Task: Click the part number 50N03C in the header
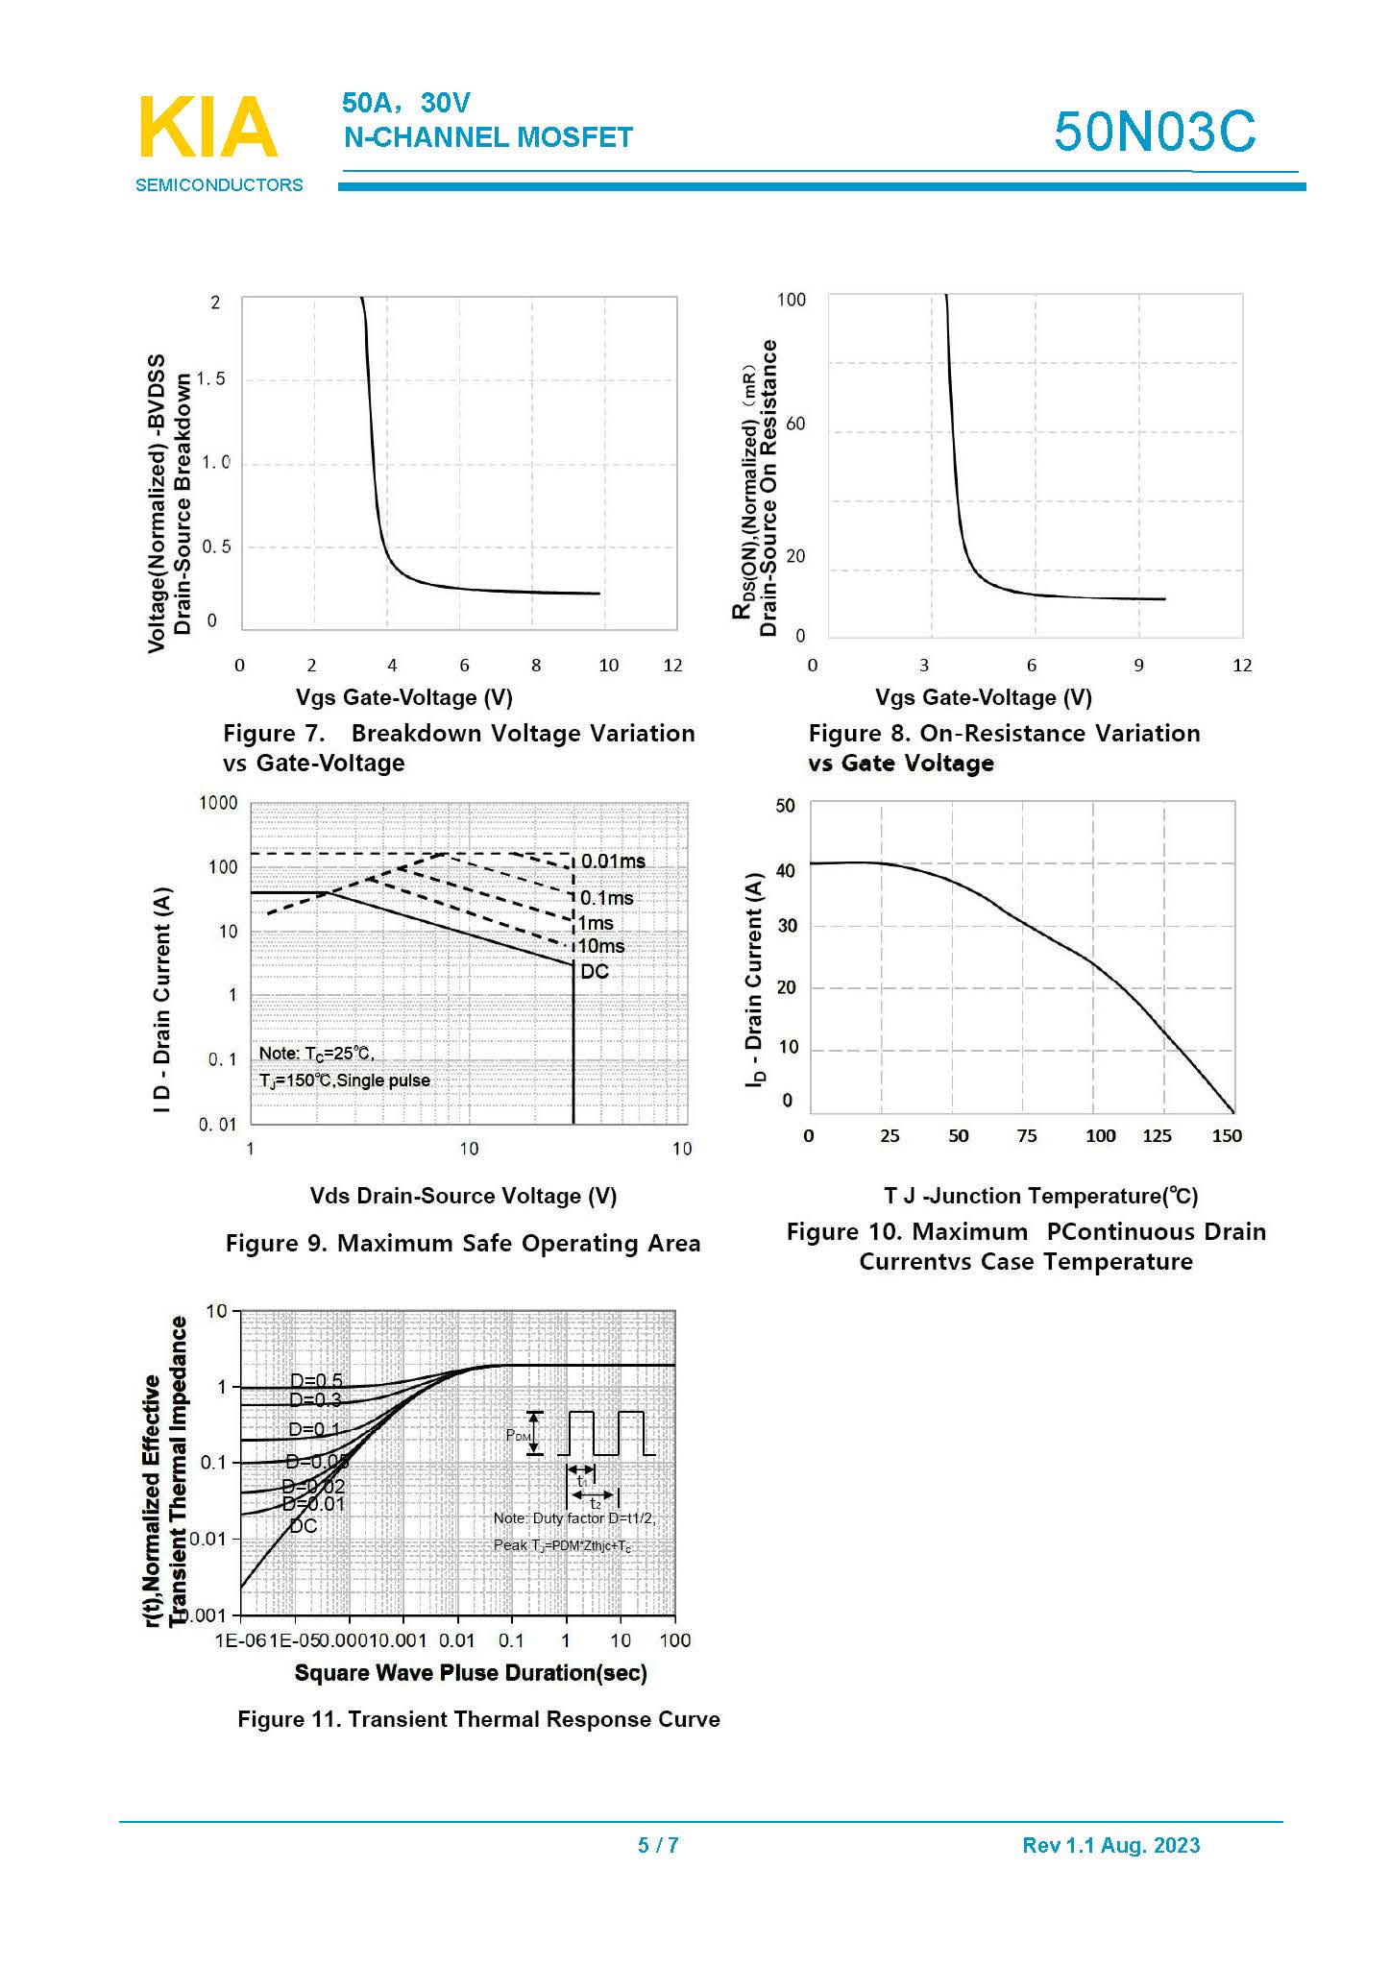pyautogui.click(x=1154, y=132)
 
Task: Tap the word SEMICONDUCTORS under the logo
pyautogui.click(x=219, y=185)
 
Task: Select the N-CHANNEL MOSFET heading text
pyautogui.click(x=488, y=137)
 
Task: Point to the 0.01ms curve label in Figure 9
pyautogui.click(x=613, y=862)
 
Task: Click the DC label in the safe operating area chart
pyautogui.click(x=595, y=971)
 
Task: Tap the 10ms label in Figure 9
pyautogui.click(x=601, y=946)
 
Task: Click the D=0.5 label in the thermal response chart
pyautogui.click(x=316, y=1380)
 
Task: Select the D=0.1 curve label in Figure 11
pyautogui.click(x=314, y=1429)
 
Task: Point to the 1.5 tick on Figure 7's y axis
pyautogui.click(x=211, y=379)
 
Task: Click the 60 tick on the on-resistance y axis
pyautogui.click(x=795, y=424)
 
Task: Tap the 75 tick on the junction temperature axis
pyautogui.click(x=1027, y=1136)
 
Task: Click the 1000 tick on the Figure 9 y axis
pyautogui.click(x=218, y=803)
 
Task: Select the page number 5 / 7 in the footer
pyautogui.click(x=658, y=1845)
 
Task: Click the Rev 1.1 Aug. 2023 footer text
pyautogui.click(x=1110, y=1845)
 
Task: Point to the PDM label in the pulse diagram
pyautogui.click(x=519, y=1436)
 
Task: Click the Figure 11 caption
pyautogui.click(x=478, y=1719)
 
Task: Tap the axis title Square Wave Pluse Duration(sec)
pyautogui.click(x=471, y=1672)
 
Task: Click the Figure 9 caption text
pyautogui.click(x=463, y=1244)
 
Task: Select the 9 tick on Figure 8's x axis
pyautogui.click(x=1138, y=666)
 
